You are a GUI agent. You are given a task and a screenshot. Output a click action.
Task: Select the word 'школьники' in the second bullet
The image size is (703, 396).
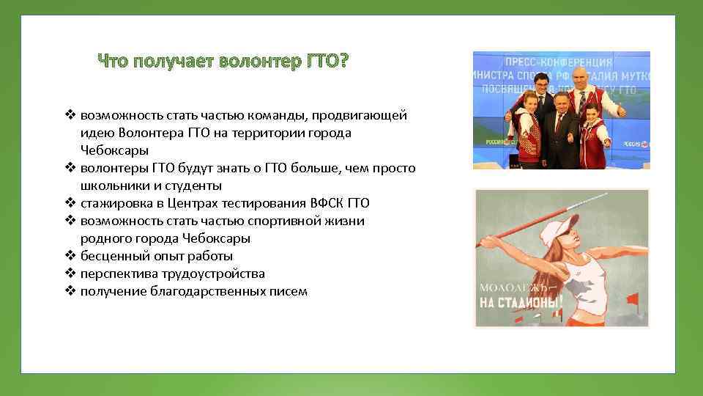pyautogui.click(x=111, y=186)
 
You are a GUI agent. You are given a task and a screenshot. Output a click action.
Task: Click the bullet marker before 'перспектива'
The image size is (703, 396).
pyautogui.click(x=71, y=274)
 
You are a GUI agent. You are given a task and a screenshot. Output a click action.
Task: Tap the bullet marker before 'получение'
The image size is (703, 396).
pyautogui.click(x=71, y=291)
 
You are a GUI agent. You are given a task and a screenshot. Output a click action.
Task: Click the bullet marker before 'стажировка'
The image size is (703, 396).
pyautogui.click(x=71, y=203)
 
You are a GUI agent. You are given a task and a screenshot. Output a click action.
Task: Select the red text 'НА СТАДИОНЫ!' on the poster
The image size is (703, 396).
pyautogui.click(x=523, y=301)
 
